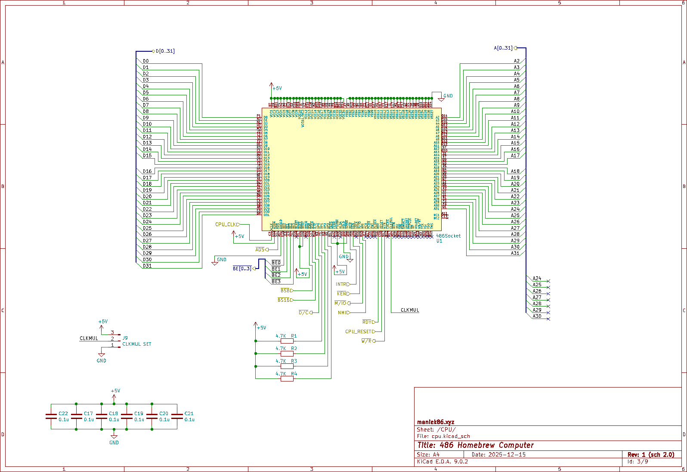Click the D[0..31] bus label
coord(165,51)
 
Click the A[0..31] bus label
coord(503,48)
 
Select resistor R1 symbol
coord(287,341)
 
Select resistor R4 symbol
coord(287,378)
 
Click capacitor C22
coord(51,416)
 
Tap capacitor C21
coord(177,416)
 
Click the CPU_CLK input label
coord(226,225)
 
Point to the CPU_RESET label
coord(358,331)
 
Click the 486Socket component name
coord(448,236)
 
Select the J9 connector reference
coord(125,338)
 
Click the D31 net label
coord(147,266)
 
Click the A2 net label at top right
coord(517,61)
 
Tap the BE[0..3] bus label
coord(242,269)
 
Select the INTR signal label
coord(341,284)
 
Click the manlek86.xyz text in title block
coord(436,422)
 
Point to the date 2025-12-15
coord(507,454)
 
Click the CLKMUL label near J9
coord(89,338)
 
